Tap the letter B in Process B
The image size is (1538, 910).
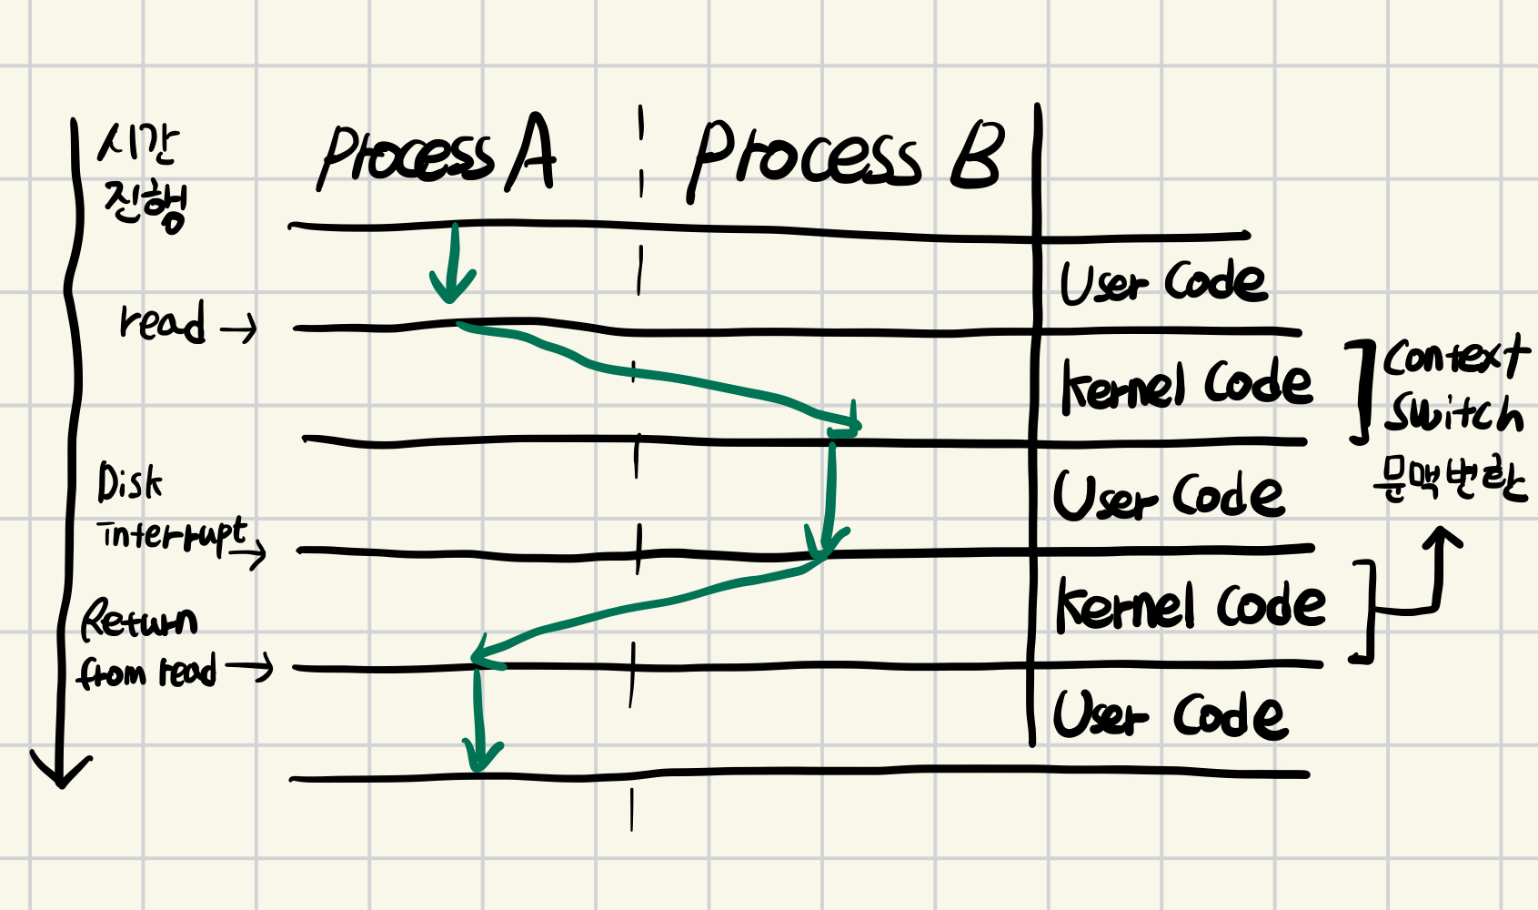(977, 157)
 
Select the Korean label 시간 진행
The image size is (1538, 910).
(143, 178)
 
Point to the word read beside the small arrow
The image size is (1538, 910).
(162, 321)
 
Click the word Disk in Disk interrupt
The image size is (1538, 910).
(130, 482)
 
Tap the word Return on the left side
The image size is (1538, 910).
(139, 621)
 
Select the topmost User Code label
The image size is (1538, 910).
(1162, 281)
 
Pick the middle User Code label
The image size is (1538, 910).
(1168, 497)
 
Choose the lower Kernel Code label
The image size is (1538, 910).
(1190, 606)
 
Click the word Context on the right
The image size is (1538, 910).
(1455, 357)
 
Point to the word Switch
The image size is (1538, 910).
(1453, 414)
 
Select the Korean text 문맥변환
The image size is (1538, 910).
(1450, 479)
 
